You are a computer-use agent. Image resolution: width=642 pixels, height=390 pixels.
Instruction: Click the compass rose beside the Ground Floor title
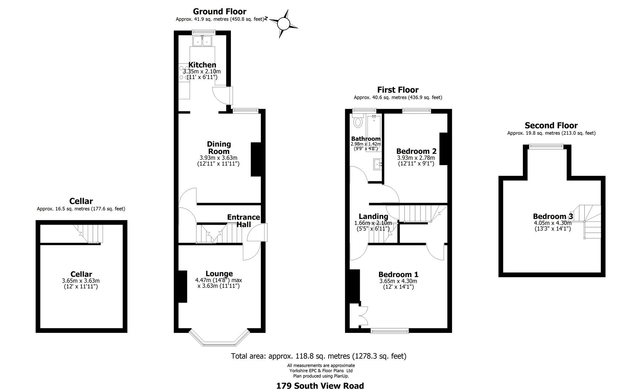[x=283, y=24]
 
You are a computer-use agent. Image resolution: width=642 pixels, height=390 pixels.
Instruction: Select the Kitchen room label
[x=202, y=65]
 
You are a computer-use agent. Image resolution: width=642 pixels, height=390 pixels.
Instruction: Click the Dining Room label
[x=219, y=148]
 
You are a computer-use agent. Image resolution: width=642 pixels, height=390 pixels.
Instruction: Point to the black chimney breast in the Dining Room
[x=256, y=159]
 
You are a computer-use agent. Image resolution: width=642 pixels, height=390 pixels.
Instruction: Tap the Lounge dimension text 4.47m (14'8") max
[x=219, y=280]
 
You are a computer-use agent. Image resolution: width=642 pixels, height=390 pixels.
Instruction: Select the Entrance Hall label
[x=243, y=221]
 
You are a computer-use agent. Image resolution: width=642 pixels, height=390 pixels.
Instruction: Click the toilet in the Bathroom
[x=358, y=121]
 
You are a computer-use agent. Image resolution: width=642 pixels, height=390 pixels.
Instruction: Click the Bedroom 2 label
[x=416, y=151]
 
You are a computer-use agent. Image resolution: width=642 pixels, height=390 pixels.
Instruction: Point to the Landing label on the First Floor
[x=373, y=216]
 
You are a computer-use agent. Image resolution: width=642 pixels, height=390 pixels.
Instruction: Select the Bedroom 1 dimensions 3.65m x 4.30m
[x=398, y=281]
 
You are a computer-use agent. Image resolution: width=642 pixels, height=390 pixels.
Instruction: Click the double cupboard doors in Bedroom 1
[x=363, y=314]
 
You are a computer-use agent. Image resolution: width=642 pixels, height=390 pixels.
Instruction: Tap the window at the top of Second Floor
[x=546, y=146]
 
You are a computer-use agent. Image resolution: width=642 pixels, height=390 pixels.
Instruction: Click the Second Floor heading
[x=551, y=126]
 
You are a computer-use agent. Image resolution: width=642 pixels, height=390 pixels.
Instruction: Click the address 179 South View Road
[x=320, y=386]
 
